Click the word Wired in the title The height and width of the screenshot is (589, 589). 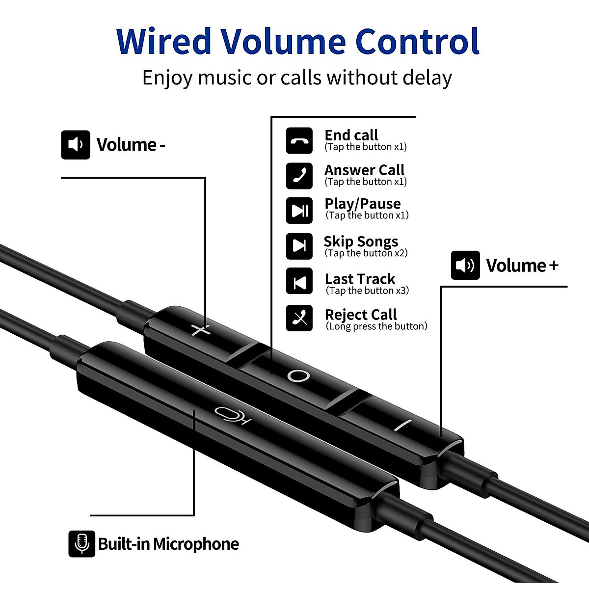click(163, 41)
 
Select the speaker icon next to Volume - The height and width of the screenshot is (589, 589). click(76, 145)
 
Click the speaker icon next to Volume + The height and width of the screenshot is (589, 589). click(465, 265)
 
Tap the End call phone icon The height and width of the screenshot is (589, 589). click(299, 140)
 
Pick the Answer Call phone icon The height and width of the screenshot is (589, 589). click(299, 176)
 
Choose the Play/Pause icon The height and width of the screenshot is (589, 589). click(299, 211)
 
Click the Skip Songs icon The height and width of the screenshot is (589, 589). click(299, 246)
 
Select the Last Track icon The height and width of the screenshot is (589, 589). click(299, 281)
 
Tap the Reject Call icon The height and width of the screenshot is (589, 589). click(299, 318)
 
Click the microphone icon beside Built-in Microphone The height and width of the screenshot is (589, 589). click(82, 544)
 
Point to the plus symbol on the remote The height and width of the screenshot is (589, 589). click(201, 330)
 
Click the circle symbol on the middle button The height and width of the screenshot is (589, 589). click(298, 376)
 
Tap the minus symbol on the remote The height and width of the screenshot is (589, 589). click(403, 425)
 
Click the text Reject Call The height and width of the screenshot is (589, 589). click(361, 315)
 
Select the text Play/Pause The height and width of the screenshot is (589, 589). click(363, 204)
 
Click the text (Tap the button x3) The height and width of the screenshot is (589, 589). click(368, 291)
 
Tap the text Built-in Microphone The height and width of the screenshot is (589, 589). click(168, 544)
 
